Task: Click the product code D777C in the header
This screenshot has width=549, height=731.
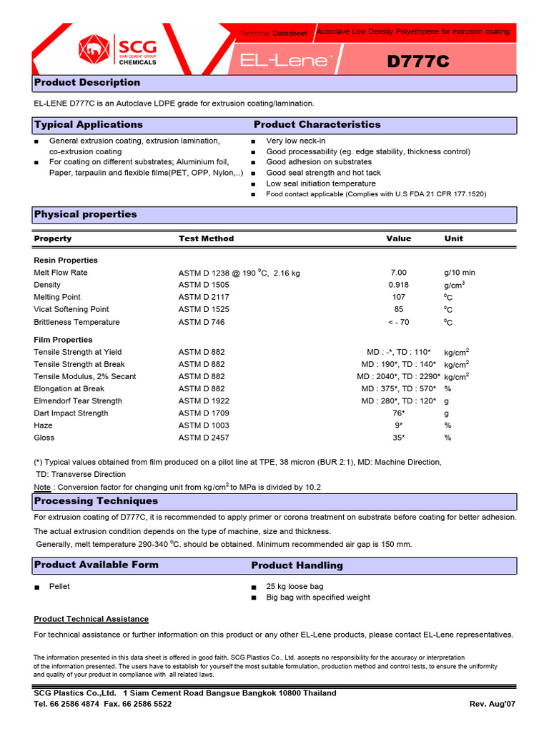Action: coord(418,62)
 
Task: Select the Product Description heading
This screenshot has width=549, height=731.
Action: coord(87,83)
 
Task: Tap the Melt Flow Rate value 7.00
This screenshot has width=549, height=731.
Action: coord(398,273)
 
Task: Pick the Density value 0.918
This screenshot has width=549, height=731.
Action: coord(398,285)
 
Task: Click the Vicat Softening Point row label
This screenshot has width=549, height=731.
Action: coord(71,309)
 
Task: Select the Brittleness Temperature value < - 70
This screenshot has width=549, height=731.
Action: coord(398,322)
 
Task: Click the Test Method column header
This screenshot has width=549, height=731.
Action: coord(206,238)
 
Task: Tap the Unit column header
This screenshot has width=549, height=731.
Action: coord(453,238)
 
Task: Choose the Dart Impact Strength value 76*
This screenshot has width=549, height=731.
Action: coord(398,413)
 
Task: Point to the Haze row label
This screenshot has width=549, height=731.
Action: coord(43,425)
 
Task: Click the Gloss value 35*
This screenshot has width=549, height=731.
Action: coord(398,438)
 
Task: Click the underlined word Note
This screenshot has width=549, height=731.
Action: coord(42,487)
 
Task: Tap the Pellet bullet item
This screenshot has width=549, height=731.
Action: coord(59,586)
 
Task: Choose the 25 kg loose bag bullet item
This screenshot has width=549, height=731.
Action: coord(295,586)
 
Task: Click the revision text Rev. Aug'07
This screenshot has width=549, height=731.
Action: coord(492,704)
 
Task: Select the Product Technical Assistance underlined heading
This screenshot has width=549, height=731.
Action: coord(91,619)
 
